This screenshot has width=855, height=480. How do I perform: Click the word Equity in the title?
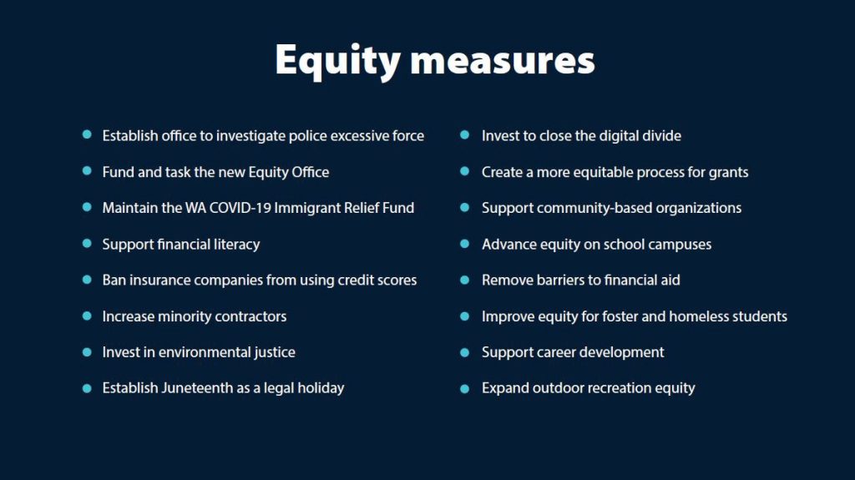337,61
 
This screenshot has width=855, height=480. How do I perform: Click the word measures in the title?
502,62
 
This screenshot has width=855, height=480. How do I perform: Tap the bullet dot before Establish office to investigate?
87,134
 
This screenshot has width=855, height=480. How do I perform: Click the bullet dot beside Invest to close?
464,134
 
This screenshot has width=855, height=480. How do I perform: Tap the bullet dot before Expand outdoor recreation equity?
464,388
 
